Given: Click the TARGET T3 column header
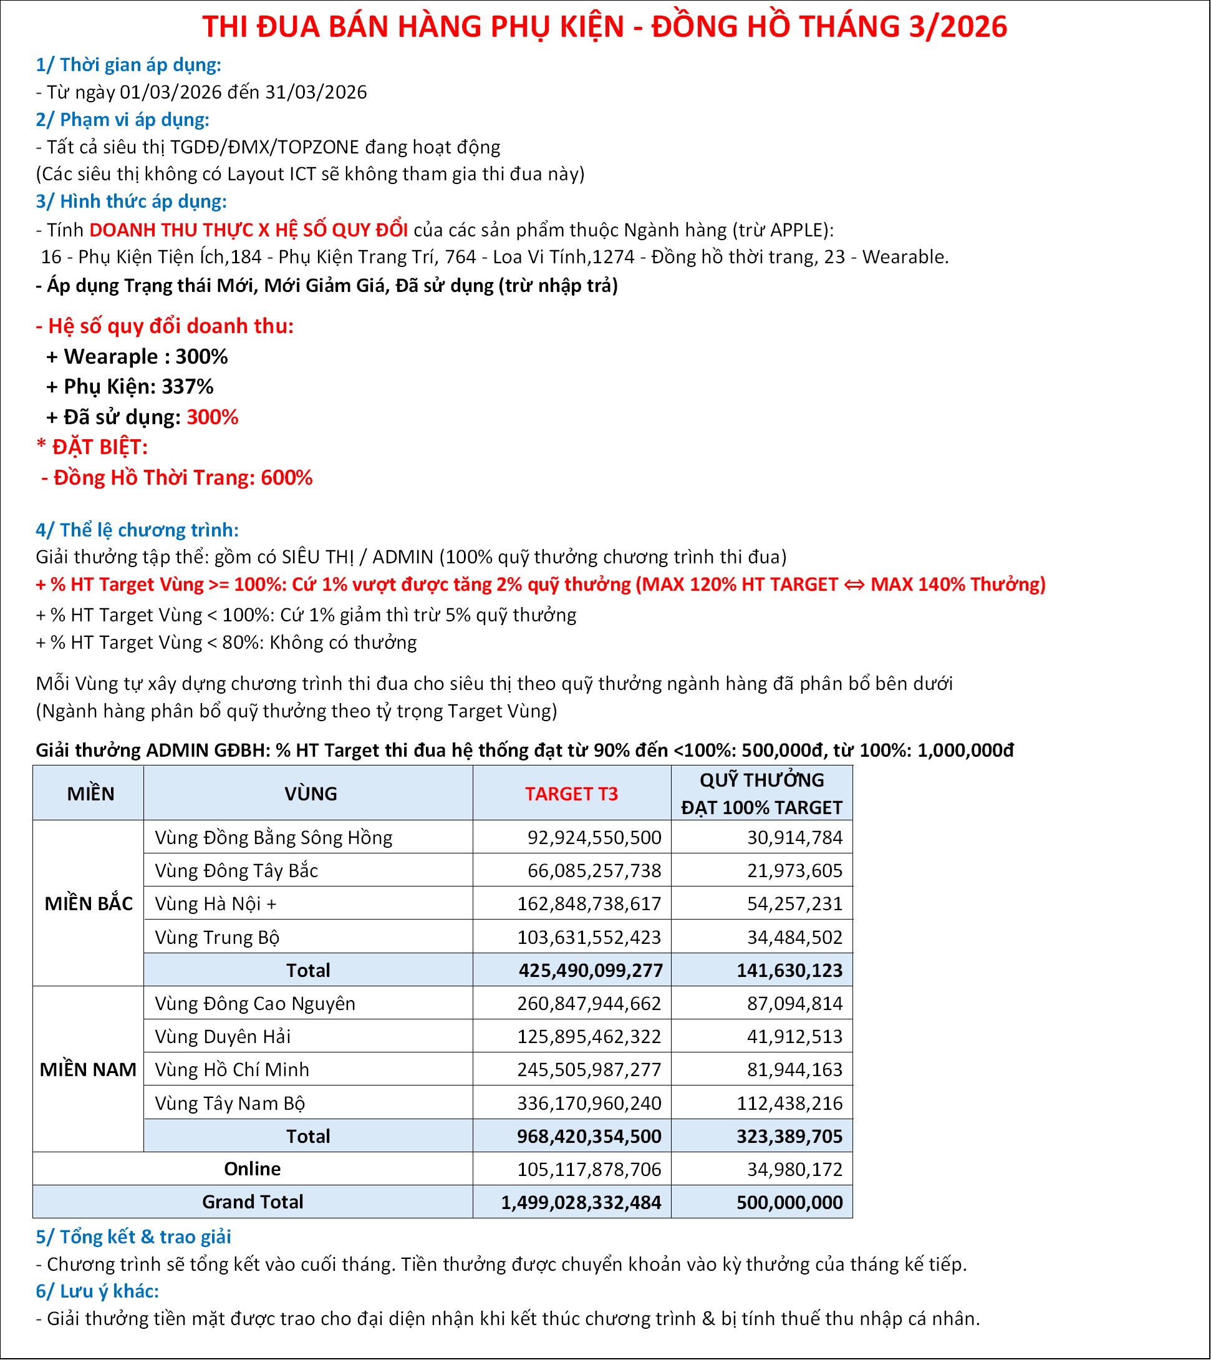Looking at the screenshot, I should [x=571, y=794].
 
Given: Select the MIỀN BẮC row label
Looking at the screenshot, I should [x=89, y=903].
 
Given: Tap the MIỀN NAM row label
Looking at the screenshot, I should [x=88, y=1069].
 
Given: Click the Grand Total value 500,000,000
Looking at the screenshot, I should [x=789, y=1202].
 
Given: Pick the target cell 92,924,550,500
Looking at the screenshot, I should [x=594, y=837].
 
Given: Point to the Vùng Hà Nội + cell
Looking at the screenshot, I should [x=216, y=903].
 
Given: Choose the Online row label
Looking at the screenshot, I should [x=252, y=1168].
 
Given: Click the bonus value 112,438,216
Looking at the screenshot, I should [x=789, y=1103].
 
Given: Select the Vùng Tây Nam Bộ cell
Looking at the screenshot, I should [x=229, y=1103].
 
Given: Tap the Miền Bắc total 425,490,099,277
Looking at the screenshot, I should [x=590, y=970].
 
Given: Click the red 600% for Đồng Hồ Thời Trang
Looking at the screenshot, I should [x=286, y=477].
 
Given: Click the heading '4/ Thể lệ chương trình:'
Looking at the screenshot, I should [x=137, y=530].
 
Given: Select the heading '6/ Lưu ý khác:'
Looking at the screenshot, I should [x=97, y=1291].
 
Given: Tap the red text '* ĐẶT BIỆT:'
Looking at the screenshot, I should [x=92, y=447].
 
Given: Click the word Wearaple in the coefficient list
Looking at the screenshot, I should [x=110, y=356].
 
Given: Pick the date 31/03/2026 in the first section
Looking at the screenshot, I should [x=316, y=92].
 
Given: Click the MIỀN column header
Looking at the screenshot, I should [x=90, y=794].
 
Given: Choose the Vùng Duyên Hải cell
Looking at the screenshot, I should [x=222, y=1036].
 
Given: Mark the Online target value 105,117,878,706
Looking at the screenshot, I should [x=589, y=1169].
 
